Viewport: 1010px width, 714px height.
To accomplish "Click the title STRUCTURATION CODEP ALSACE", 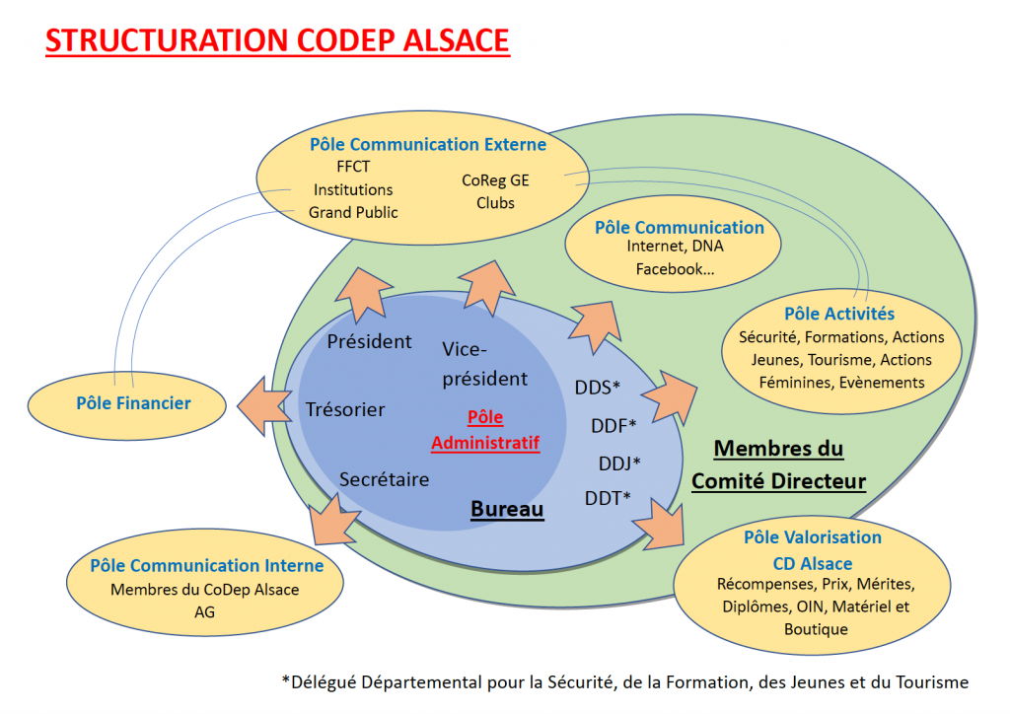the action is [x=277, y=39].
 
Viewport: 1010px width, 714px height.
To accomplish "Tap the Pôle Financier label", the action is [x=133, y=403].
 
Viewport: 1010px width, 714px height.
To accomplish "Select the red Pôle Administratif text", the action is [x=485, y=429].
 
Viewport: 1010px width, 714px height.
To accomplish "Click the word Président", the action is [x=369, y=341].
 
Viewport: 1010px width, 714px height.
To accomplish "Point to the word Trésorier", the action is [x=345, y=409].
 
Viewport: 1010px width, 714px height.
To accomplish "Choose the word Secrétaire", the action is [x=384, y=479].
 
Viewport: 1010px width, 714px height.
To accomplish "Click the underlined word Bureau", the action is [x=507, y=509].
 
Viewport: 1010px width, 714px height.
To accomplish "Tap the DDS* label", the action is [x=597, y=387].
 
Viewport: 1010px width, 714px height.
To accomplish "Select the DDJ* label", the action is [x=619, y=463].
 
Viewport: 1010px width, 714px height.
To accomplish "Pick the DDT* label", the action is [x=608, y=498].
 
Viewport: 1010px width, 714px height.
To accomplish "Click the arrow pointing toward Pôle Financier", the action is [x=264, y=406].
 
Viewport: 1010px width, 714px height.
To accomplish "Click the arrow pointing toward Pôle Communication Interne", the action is [x=333, y=519].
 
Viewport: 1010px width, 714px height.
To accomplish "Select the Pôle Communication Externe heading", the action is [x=428, y=144].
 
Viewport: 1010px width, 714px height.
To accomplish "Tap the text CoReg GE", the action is [x=495, y=180].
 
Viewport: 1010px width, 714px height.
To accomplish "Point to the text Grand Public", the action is [x=353, y=212].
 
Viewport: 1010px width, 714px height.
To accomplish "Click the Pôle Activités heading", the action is [x=839, y=314].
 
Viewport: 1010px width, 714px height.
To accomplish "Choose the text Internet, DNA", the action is [x=675, y=246].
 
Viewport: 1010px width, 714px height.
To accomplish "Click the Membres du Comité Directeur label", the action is [x=779, y=464].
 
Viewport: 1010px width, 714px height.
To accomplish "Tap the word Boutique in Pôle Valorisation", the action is [x=816, y=629].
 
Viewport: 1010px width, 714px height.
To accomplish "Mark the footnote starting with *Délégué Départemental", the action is [x=624, y=681].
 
